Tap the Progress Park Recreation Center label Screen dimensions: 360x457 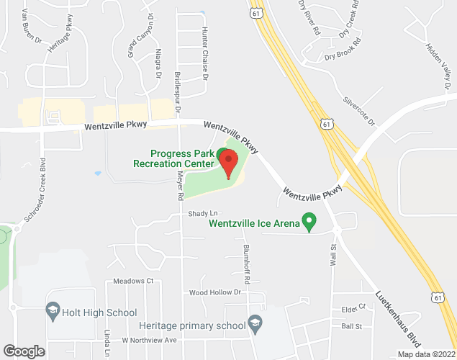[174, 158]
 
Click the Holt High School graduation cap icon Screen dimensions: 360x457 [53, 312]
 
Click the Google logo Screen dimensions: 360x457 [23, 351]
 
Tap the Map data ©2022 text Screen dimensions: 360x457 [427, 354]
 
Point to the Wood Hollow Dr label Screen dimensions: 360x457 [214, 292]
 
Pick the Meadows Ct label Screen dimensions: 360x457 [134, 281]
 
